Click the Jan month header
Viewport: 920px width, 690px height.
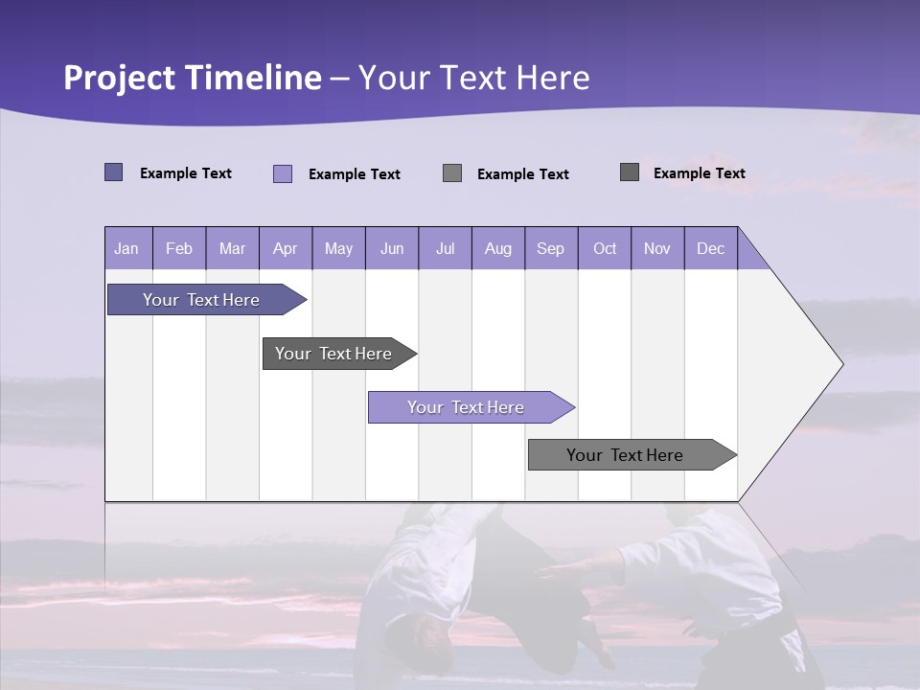tap(126, 248)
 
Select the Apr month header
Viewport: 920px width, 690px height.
tap(285, 248)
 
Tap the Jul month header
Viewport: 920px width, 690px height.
tap(445, 248)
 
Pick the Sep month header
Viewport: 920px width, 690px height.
tap(550, 248)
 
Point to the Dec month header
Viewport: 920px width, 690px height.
tap(710, 248)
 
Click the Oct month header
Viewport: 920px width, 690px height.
tap(605, 248)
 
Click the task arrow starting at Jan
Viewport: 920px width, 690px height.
tap(201, 300)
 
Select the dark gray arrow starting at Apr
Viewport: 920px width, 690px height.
tap(333, 354)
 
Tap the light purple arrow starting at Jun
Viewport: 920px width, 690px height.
tap(466, 407)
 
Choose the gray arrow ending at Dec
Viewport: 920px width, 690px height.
tap(625, 455)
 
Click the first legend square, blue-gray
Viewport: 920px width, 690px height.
tap(113, 172)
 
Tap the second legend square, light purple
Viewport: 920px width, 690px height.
tap(282, 173)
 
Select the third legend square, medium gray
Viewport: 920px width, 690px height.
tap(452, 172)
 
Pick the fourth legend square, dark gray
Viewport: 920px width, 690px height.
tap(629, 172)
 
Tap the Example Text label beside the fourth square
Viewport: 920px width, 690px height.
tap(699, 172)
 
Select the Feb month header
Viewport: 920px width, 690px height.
tap(179, 248)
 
